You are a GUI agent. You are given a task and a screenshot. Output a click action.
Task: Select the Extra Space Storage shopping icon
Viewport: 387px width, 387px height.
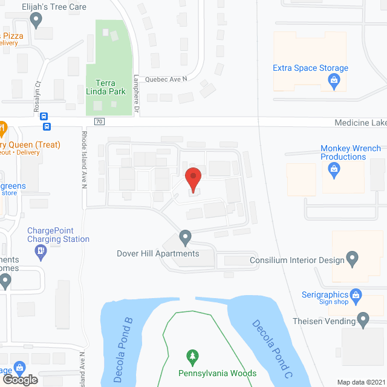[x=333, y=80]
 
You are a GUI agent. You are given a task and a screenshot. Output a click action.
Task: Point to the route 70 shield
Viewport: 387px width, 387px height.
[x=100, y=122]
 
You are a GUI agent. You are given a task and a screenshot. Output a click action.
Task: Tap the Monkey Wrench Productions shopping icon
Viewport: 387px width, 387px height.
[x=333, y=171]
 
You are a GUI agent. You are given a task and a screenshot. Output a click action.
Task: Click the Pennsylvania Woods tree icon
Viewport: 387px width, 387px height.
[x=192, y=356]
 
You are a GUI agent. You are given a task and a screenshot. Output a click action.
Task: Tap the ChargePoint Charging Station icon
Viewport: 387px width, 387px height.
[x=41, y=251]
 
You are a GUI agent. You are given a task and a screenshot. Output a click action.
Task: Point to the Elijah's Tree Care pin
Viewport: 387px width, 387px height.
[x=36, y=20]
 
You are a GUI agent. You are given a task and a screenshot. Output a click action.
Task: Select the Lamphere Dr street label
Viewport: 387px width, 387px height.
[x=136, y=94]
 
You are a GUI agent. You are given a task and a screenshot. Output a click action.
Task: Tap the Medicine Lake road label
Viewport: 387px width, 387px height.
[x=360, y=123]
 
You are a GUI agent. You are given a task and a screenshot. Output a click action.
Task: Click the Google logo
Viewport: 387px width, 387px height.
[x=19, y=379]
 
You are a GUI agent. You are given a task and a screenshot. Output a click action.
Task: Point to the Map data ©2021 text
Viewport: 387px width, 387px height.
[x=360, y=382]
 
